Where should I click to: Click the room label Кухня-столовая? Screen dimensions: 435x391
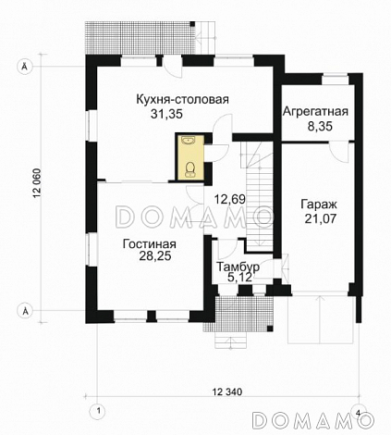[182, 99]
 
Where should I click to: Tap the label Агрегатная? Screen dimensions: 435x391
[316, 112]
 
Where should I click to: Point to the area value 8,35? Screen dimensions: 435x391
[316, 127]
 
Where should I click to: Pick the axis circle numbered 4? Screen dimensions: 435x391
[357, 411]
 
